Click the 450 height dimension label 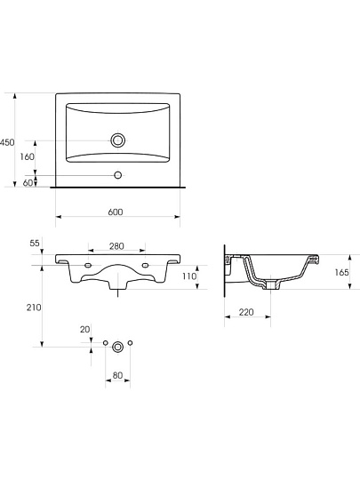tap(7, 142)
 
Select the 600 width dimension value tap(116, 212)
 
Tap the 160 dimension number tap(28, 156)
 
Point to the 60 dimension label tap(28, 183)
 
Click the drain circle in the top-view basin tap(118, 140)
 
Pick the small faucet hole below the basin tap(118, 175)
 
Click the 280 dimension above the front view tap(116, 246)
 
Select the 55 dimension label tap(35, 243)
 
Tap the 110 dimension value tap(189, 276)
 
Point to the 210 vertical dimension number tap(34, 308)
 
